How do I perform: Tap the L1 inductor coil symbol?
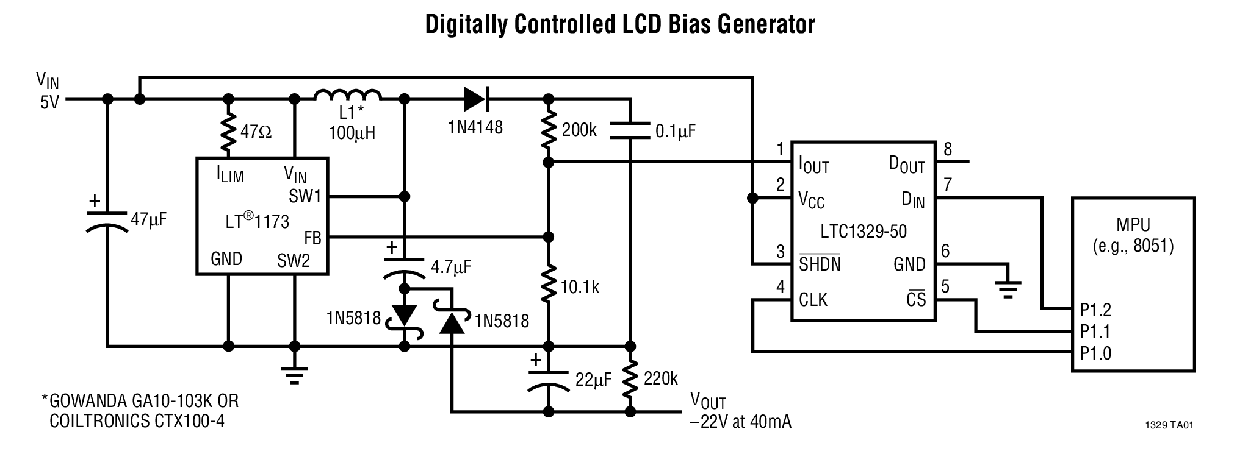coord(348,96)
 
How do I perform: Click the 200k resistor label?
coord(579,130)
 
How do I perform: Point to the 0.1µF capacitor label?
coord(675,131)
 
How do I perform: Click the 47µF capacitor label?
coord(148,219)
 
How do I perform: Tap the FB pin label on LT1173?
coord(312,238)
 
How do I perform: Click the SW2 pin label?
coord(294,261)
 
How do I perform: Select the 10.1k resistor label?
coord(580,287)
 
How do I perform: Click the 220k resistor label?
coord(660,378)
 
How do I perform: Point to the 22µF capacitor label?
coord(593,380)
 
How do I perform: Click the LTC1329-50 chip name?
coord(863,232)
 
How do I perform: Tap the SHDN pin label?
coord(820,264)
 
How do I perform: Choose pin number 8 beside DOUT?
coord(947,149)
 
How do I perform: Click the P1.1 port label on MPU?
coord(1095,332)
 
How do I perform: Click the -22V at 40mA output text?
coord(740,422)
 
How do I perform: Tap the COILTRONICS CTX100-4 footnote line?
coord(137,421)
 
